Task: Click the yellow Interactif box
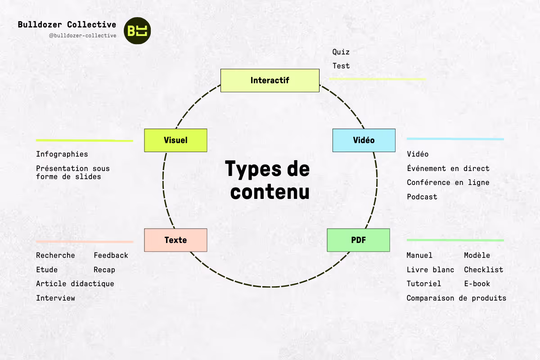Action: (270, 81)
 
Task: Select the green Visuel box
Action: (175, 140)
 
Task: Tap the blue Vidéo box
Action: (364, 140)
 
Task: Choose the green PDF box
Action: (358, 240)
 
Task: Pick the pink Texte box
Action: (175, 240)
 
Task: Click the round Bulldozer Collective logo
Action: (137, 31)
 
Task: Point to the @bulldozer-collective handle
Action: (82, 36)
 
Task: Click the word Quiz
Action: (341, 52)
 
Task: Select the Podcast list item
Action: (422, 197)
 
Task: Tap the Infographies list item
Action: (62, 154)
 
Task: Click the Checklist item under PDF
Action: (483, 270)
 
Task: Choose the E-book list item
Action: (477, 283)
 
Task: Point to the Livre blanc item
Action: (430, 270)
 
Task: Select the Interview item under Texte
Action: (55, 298)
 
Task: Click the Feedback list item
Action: (111, 255)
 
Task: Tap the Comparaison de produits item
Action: (456, 298)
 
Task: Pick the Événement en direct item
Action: (448, 168)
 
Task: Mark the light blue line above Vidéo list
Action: (455, 139)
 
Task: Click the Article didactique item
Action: (75, 283)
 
